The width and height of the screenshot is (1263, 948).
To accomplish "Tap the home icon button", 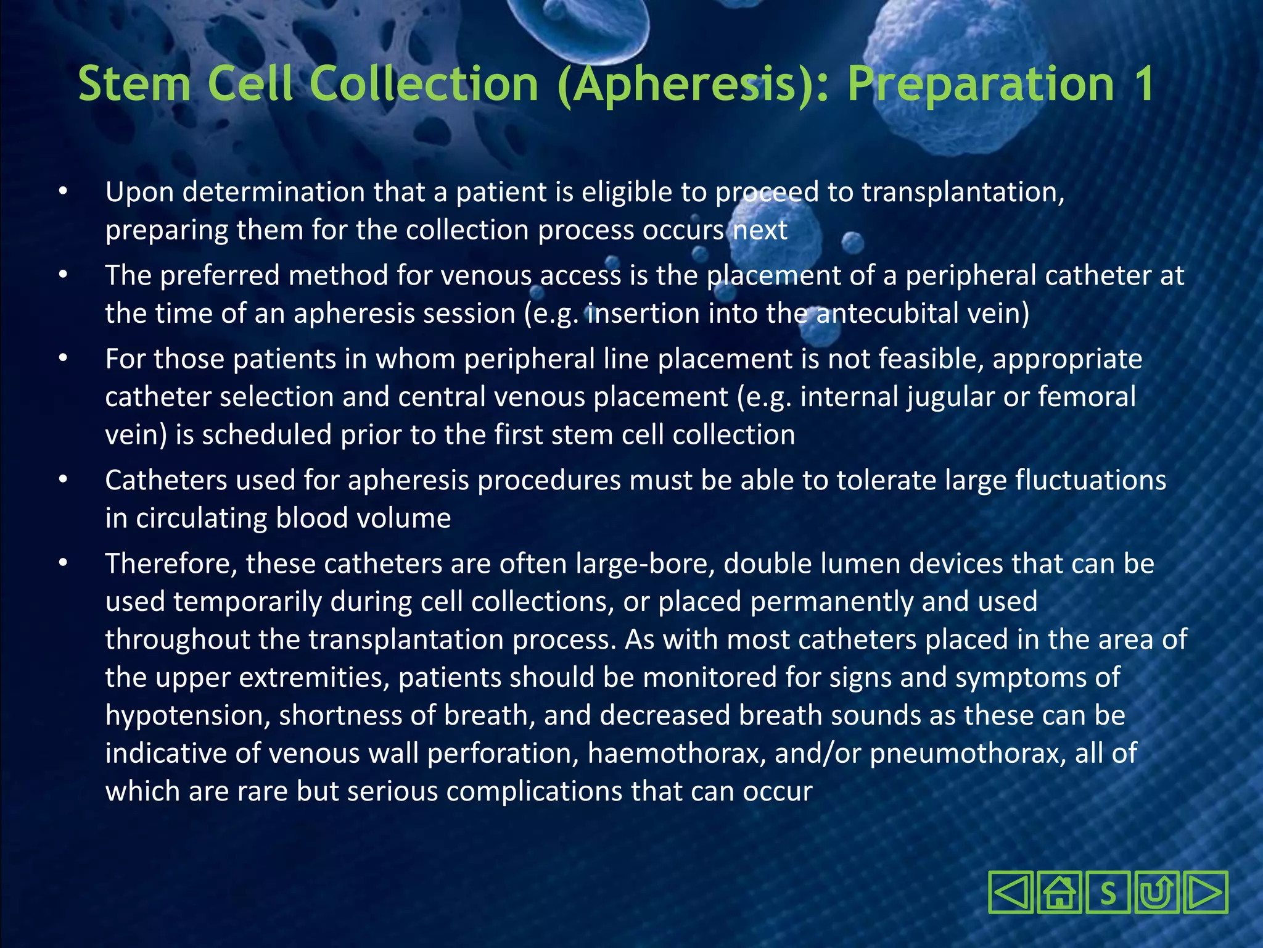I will tap(1059, 892).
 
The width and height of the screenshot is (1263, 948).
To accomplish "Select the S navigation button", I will tap(1108, 892).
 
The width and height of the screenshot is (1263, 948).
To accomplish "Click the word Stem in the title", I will tap(134, 84).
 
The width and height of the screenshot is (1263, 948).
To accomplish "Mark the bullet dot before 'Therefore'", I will tap(63, 563).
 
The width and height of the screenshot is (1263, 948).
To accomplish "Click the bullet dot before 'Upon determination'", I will tap(63, 192).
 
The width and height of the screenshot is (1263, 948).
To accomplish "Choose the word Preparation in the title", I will tap(981, 84).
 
